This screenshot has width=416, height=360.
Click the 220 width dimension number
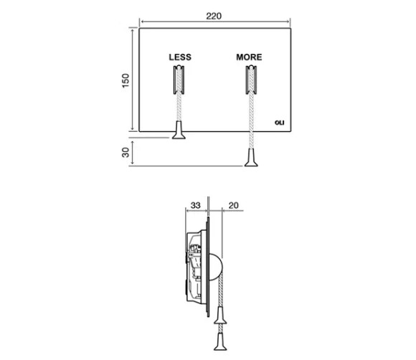coord(214,16)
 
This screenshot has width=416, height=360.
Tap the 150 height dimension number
coord(126,80)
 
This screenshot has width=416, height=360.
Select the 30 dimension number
coord(126,152)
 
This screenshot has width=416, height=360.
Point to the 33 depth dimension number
coord(196,205)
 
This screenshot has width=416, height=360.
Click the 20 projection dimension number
coord(234,205)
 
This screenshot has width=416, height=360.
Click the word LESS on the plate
coord(180,57)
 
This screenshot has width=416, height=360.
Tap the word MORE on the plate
coord(249,57)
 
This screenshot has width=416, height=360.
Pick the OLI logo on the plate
coord(280,123)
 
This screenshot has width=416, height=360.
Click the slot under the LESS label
coord(179,80)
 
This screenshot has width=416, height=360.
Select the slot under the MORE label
coord(251,80)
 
